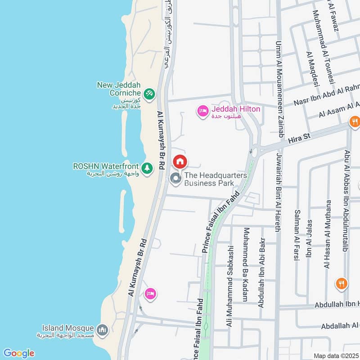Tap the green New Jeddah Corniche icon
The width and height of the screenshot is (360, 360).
[x=150, y=94]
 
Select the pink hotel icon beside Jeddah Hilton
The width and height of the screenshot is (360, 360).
[x=203, y=111]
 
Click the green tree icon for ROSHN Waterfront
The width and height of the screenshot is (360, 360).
[x=147, y=167]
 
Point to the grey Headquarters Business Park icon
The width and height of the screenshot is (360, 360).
[x=175, y=179]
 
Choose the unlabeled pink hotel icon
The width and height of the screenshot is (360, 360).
[x=150, y=294]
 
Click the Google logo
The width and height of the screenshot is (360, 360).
[x=18, y=353]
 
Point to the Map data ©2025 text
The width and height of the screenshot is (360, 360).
[x=336, y=356]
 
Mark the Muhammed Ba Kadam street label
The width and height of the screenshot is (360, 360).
[x=246, y=264]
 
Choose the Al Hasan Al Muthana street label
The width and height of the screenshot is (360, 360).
[x=327, y=234]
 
